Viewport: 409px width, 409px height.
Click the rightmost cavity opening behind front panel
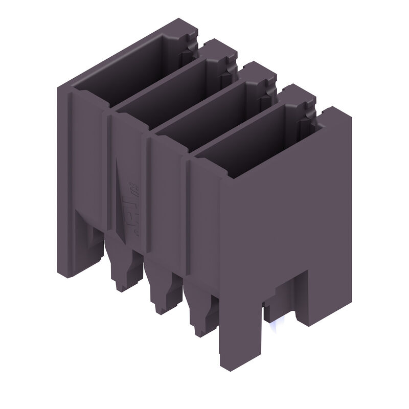tap(251, 138)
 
